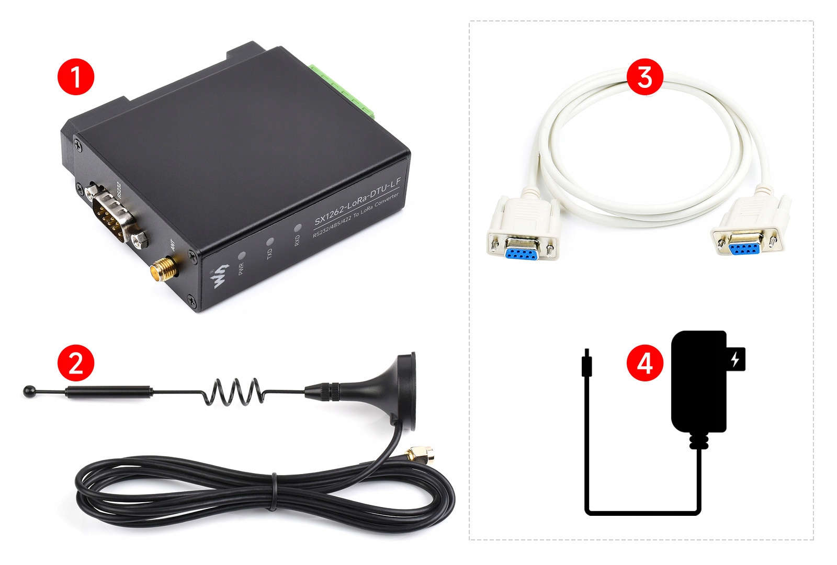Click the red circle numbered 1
76,76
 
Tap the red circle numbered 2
76,362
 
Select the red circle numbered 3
644,76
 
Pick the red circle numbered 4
644,362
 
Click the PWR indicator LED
242,256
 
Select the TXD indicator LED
270,242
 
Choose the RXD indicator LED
298,228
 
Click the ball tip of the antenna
28,391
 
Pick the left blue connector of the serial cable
521,253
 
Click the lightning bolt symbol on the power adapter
735,359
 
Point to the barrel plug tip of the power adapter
587,361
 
